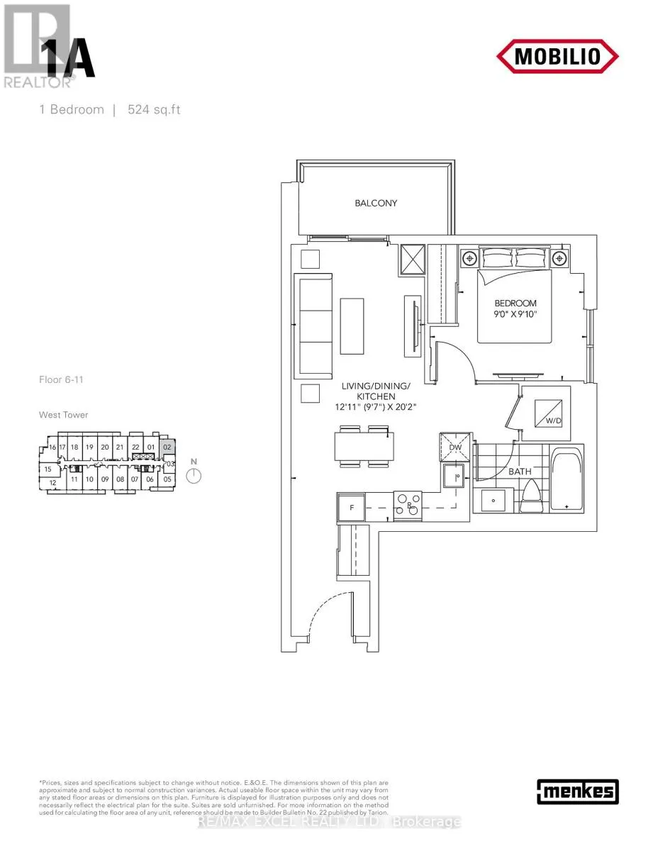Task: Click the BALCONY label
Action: [376, 204]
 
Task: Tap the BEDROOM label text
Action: [515, 304]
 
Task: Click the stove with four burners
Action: [406, 506]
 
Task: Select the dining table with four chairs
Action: [364, 447]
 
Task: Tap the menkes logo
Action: [577, 791]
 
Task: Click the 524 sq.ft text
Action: [154, 110]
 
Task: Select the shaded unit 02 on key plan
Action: [167, 447]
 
